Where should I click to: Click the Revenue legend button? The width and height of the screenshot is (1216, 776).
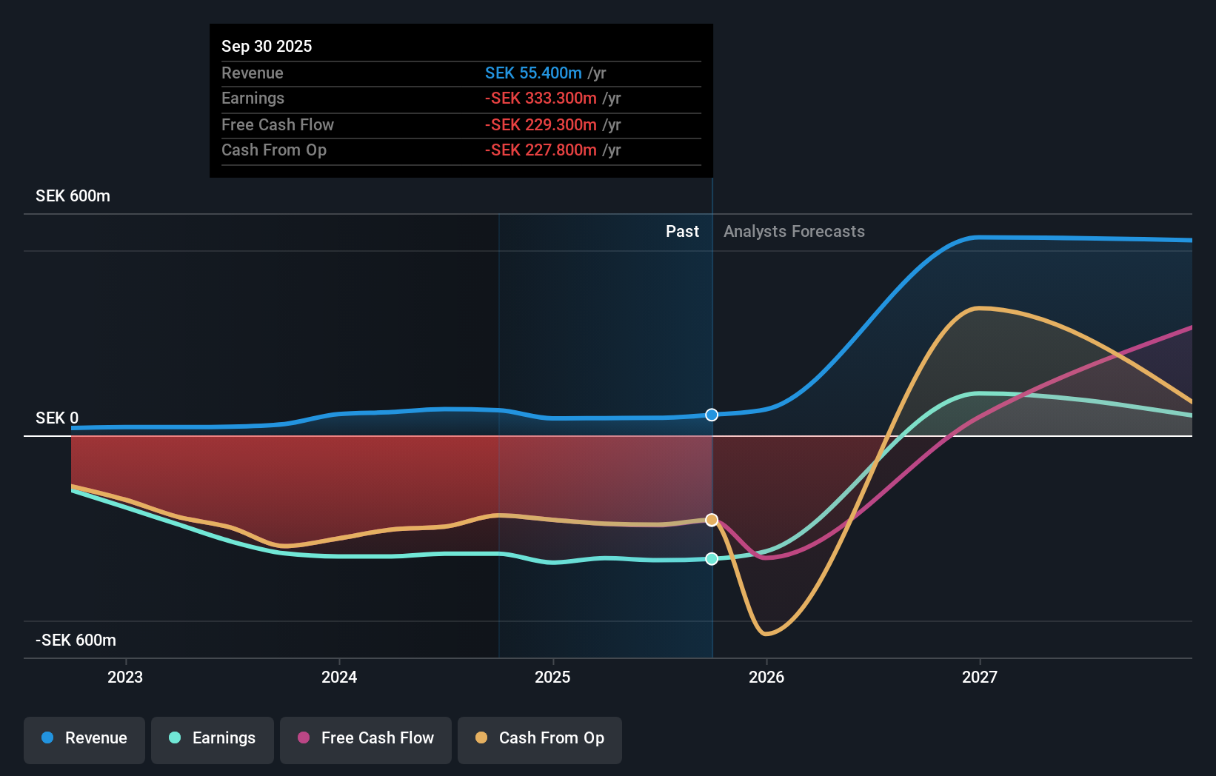[x=84, y=738]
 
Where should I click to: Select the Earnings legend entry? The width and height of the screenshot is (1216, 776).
[x=213, y=738]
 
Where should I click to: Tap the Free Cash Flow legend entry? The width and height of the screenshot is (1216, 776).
[x=366, y=738]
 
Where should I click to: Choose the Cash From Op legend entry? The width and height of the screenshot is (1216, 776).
[x=540, y=738]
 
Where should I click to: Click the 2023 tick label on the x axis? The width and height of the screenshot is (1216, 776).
[x=125, y=677]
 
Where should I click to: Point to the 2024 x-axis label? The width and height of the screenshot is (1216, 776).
[x=339, y=677]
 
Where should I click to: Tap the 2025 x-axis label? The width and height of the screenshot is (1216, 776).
[x=552, y=677]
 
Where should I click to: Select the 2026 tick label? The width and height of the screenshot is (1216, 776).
[x=766, y=677]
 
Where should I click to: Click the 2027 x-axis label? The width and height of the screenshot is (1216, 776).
[x=980, y=677]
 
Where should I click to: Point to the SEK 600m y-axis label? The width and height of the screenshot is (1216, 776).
[x=73, y=196]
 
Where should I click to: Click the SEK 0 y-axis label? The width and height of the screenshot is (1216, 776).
[x=57, y=418]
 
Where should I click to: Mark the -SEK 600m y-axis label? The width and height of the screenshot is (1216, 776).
[x=76, y=640]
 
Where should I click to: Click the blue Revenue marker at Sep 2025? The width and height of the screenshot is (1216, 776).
[x=712, y=415]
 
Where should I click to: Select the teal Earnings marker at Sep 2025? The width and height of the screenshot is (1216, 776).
[x=712, y=559]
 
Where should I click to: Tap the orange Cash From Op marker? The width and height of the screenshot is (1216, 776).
[x=712, y=520]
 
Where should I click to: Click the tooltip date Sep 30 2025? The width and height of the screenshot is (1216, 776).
[x=267, y=46]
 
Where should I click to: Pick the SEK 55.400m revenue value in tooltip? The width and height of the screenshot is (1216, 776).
[x=533, y=73]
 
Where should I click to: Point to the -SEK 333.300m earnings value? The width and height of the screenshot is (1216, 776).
[x=541, y=98]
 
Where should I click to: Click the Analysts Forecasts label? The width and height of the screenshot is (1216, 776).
[x=794, y=232]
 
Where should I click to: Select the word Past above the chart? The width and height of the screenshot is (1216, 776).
[x=682, y=232]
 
